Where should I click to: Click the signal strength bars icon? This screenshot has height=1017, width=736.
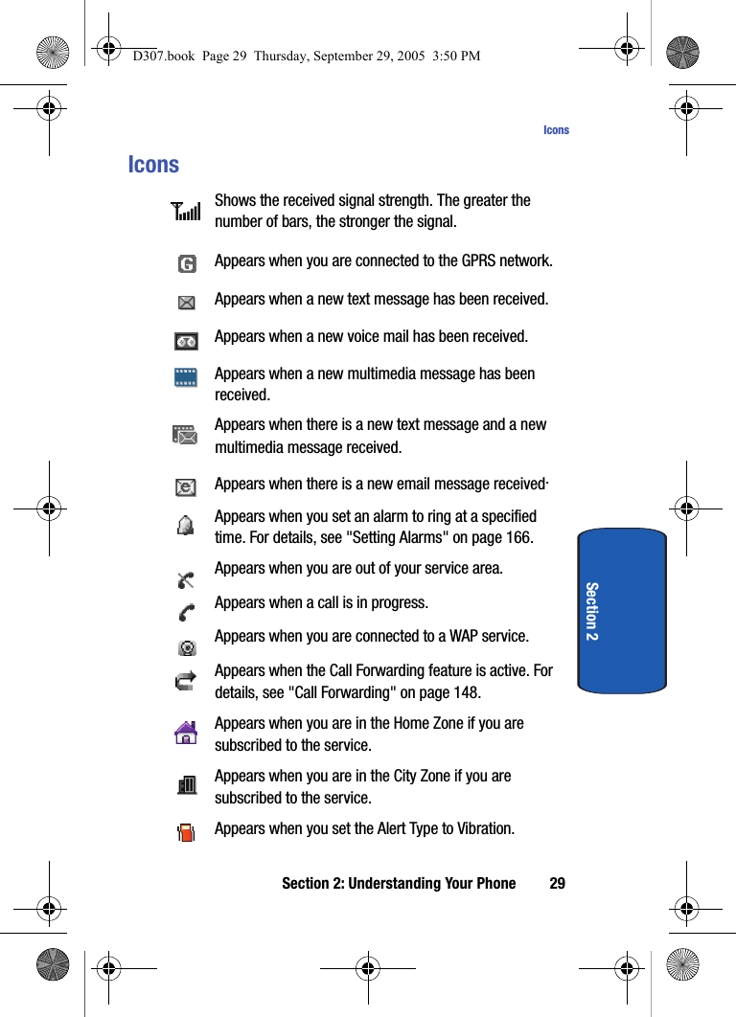pyautogui.click(x=186, y=211)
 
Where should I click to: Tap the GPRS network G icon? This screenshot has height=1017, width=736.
pyautogui.click(x=187, y=263)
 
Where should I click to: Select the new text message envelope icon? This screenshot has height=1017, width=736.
pyautogui.click(x=186, y=303)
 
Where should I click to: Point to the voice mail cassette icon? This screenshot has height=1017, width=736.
pyautogui.click(x=186, y=341)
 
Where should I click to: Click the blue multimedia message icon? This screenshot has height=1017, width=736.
pyautogui.click(x=186, y=377)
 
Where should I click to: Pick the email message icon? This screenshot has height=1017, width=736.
pyautogui.click(x=186, y=486)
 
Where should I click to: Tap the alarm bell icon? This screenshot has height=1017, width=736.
pyautogui.click(x=186, y=525)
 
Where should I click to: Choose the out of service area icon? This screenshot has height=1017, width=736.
pyautogui.click(x=186, y=578)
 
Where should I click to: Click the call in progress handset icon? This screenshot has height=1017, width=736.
pyautogui.click(x=186, y=612)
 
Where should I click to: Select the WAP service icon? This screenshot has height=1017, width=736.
pyautogui.click(x=187, y=646)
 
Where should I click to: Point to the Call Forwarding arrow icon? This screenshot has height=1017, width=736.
pyautogui.click(x=186, y=681)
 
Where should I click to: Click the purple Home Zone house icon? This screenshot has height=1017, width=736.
pyautogui.click(x=186, y=733)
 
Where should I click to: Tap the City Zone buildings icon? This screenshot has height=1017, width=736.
pyautogui.click(x=187, y=785)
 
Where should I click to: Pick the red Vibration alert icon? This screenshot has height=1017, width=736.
pyautogui.click(x=187, y=830)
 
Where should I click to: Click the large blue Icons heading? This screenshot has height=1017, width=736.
pyautogui.click(x=153, y=165)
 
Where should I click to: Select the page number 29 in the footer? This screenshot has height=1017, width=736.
pyautogui.click(x=557, y=883)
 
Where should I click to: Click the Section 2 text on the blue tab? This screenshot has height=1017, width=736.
pyautogui.click(x=591, y=611)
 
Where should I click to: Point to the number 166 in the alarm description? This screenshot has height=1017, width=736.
pyautogui.click(x=518, y=537)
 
